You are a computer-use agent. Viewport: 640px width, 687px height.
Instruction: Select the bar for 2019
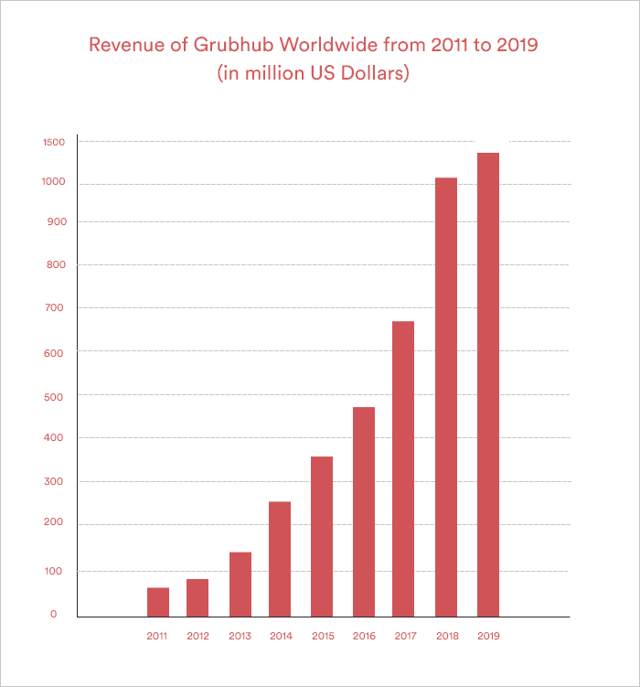coord(488,384)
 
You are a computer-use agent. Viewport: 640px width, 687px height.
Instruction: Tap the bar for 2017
coord(403,468)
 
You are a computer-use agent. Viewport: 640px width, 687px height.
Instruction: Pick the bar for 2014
coord(280,558)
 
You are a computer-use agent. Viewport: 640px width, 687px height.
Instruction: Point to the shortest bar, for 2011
coord(158,601)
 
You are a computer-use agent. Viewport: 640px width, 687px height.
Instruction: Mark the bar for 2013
coord(240,584)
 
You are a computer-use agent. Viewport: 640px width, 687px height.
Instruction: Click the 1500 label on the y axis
coord(53,142)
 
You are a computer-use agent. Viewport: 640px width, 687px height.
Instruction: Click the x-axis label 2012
coord(197,636)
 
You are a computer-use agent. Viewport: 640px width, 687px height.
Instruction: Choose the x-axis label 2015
coord(322,636)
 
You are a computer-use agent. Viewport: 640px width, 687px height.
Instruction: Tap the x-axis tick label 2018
coord(446,636)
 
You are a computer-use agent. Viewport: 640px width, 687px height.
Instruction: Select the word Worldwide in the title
coord(338,45)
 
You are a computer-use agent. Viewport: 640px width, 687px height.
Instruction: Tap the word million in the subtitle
coord(268,73)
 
